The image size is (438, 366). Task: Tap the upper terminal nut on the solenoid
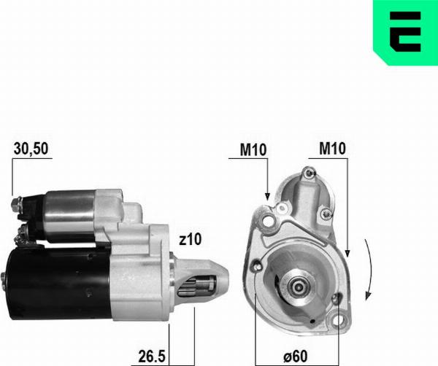[17, 201]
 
